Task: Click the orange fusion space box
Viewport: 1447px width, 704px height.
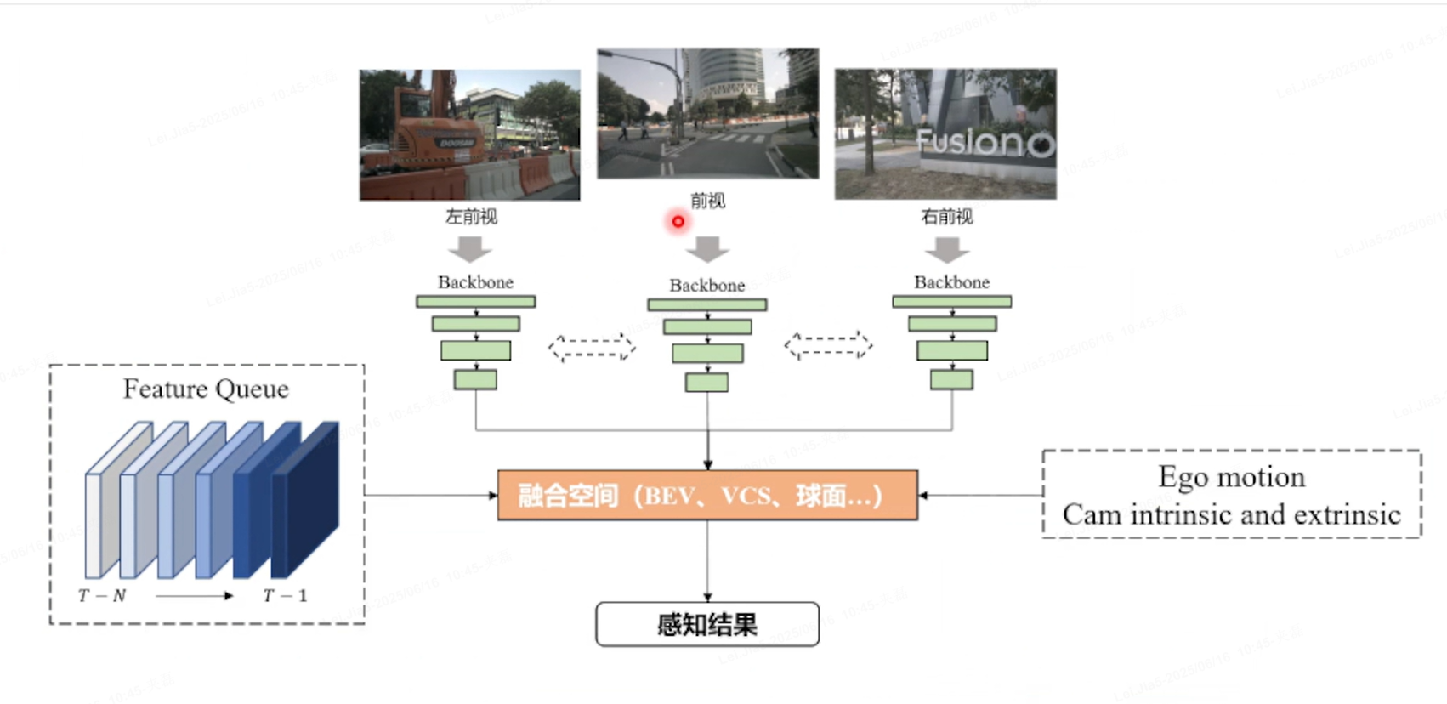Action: (x=707, y=495)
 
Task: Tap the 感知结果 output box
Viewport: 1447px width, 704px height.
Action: (x=707, y=625)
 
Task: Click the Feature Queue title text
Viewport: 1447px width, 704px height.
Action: (x=206, y=389)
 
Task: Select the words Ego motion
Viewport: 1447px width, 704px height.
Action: (x=1231, y=477)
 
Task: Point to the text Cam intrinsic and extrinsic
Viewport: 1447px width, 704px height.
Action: (x=1231, y=515)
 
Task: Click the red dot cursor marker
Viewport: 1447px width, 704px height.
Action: (x=678, y=222)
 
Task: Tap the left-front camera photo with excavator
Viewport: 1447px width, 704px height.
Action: (x=469, y=135)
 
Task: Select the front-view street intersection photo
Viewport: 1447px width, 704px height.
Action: (x=707, y=113)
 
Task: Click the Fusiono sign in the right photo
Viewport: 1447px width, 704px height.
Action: (x=985, y=142)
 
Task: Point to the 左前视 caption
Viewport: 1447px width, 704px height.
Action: (x=471, y=217)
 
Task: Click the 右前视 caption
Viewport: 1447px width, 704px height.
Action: (x=947, y=217)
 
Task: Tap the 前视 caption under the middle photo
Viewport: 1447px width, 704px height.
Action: (x=707, y=201)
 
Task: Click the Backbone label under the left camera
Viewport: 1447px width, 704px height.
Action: (x=475, y=282)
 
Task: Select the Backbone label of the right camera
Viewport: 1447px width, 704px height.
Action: (x=951, y=282)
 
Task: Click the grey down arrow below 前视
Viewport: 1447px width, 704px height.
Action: (x=707, y=249)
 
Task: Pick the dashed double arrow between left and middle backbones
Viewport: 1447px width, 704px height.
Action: (x=592, y=347)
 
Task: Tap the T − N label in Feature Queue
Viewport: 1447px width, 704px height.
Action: (x=102, y=596)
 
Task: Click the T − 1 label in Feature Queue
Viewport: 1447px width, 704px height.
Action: (x=285, y=596)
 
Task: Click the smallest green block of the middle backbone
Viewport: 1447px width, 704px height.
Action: (x=706, y=383)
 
